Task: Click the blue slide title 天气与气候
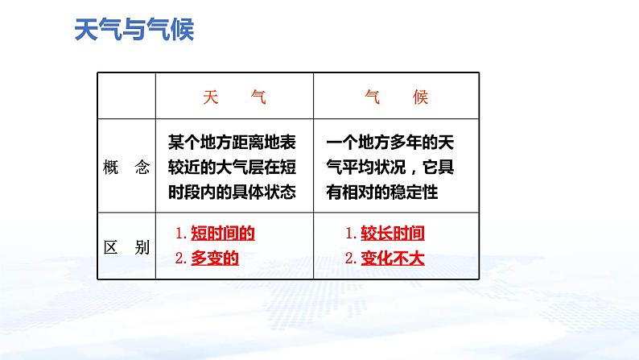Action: pyautogui.click(x=134, y=29)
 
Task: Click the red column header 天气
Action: pyautogui.click(x=234, y=97)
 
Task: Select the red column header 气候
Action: pyautogui.click(x=396, y=97)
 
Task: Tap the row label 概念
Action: pyautogui.click(x=126, y=168)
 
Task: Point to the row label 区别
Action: pyautogui.click(x=126, y=247)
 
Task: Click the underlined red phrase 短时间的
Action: pyautogui.click(x=223, y=234)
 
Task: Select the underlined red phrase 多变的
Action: pyautogui.click(x=215, y=259)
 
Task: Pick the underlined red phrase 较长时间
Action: pyautogui.click(x=393, y=234)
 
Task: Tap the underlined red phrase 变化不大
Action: pyautogui.click(x=393, y=259)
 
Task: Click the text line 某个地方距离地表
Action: pyautogui.click(x=232, y=143)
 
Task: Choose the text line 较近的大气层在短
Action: pyautogui.click(x=232, y=168)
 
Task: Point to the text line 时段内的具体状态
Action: pyautogui.click(x=232, y=192)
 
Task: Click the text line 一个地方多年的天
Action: pyautogui.click(x=390, y=143)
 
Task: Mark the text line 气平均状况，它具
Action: pyautogui.click(x=390, y=168)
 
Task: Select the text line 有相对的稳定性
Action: pyautogui.click(x=381, y=192)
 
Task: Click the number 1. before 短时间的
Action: pyautogui.click(x=181, y=234)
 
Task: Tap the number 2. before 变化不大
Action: pyautogui.click(x=350, y=259)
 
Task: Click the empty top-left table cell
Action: pyautogui.click(x=126, y=96)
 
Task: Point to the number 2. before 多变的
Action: pyautogui.click(x=181, y=259)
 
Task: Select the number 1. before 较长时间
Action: pyautogui.click(x=350, y=234)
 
